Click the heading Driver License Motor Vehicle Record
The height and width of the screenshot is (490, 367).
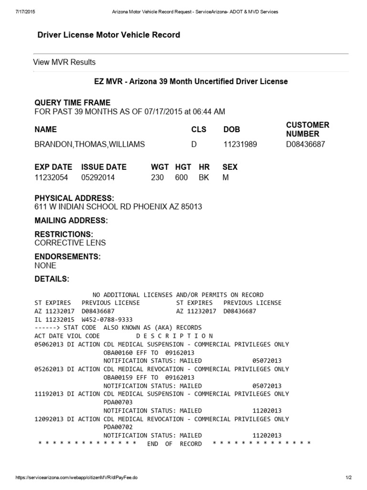(x=108, y=35)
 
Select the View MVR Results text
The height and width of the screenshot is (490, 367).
(x=64, y=62)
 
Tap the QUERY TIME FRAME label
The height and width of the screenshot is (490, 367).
(x=72, y=103)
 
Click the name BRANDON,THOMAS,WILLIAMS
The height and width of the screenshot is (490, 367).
(x=90, y=145)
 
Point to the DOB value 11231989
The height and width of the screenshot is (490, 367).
(x=240, y=145)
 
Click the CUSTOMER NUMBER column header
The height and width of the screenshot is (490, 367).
(x=307, y=130)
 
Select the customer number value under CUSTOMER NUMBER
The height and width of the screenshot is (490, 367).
(x=305, y=145)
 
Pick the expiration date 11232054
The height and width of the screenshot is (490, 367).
(x=51, y=178)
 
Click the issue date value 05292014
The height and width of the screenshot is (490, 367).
(x=98, y=178)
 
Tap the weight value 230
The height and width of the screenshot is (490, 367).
(x=157, y=178)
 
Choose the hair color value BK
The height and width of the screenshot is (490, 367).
(x=204, y=178)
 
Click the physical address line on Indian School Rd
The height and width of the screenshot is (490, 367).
(x=118, y=207)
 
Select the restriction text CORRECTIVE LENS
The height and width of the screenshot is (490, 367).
(x=70, y=243)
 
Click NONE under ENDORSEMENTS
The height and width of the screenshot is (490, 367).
(x=45, y=266)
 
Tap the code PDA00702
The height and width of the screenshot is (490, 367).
(x=118, y=427)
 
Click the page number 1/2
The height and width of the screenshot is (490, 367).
(x=348, y=478)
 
